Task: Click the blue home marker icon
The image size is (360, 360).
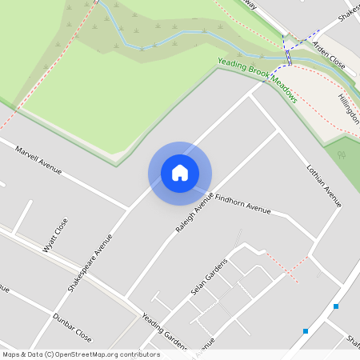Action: coord(180,173)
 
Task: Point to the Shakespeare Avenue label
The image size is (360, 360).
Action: coord(90,265)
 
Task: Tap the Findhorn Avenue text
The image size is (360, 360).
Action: coord(247,208)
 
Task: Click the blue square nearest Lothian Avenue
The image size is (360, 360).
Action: coord(336,306)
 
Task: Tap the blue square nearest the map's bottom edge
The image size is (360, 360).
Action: coord(306,330)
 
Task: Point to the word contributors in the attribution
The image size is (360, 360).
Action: coord(138,354)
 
